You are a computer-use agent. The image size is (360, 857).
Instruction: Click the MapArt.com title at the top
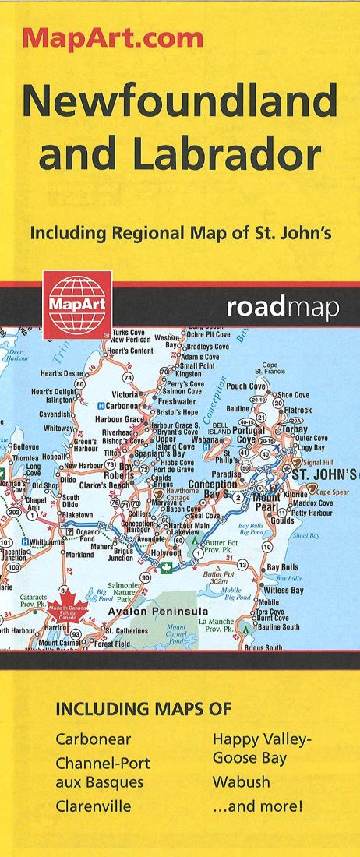[114, 37]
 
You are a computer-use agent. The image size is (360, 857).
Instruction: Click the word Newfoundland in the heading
[179, 101]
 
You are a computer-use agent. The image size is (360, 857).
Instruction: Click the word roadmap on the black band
[283, 309]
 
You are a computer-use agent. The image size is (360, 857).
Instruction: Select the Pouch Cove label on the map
[246, 386]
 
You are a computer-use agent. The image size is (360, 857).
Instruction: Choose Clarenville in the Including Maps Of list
[93, 806]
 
